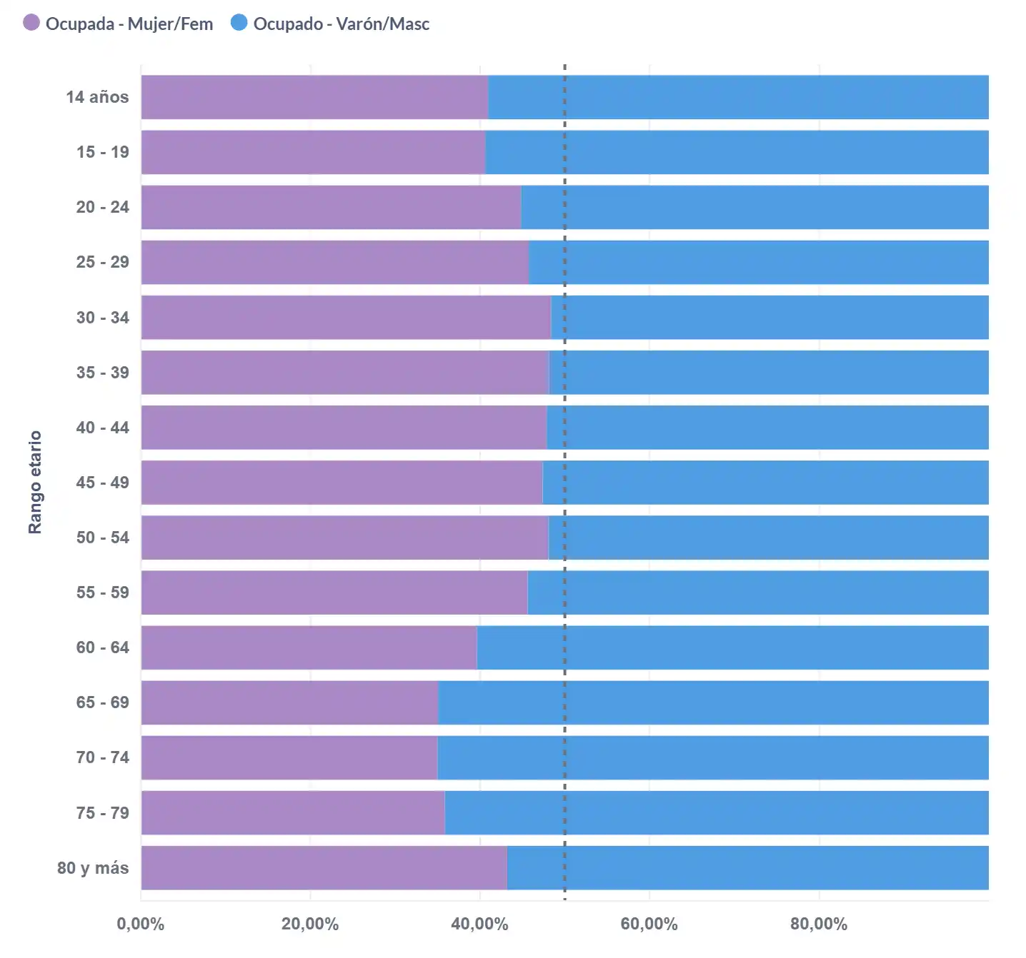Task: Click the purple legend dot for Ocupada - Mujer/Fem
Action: (x=31, y=23)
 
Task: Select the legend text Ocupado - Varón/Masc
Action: (x=341, y=24)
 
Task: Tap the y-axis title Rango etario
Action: (x=35, y=482)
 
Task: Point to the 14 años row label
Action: (x=97, y=97)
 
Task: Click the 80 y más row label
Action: (x=93, y=868)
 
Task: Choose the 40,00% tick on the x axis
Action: (x=479, y=924)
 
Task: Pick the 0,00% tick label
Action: (x=141, y=924)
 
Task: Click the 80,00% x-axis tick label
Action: (x=819, y=924)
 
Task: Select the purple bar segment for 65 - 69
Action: (x=289, y=702)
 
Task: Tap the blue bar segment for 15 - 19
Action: (x=737, y=152)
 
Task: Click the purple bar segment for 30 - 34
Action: (x=346, y=317)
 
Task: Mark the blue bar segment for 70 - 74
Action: (x=713, y=757)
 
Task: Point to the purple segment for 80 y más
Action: (x=324, y=868)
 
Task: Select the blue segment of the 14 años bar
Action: (x=738, y=97)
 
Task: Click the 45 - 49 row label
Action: (x=103, y=483)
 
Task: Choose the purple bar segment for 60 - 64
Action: (x=309, y=647)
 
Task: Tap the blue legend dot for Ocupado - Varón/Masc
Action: (x=239, y=23)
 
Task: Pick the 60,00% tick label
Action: (x=649, y=924)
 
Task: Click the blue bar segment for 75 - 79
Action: (x=717, y=812)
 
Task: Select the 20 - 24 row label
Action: (x=103, y=207)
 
